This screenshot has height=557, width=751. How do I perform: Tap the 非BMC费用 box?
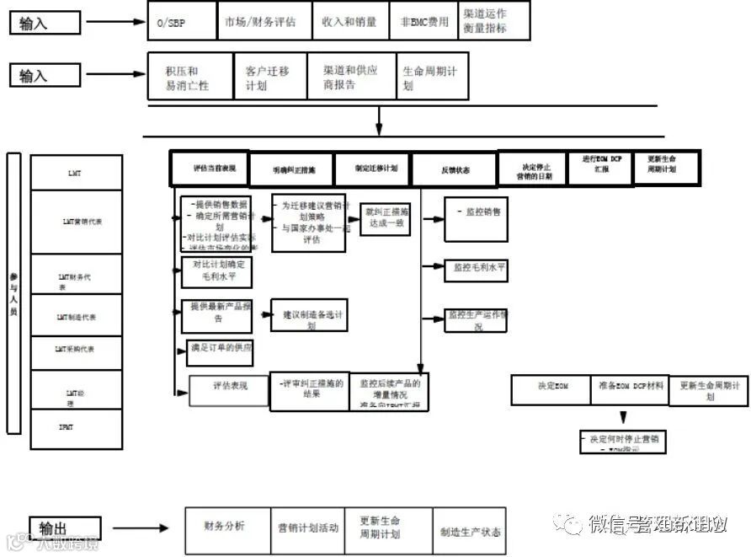pos(424,21)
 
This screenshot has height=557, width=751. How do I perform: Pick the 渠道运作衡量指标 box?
pos(494,21)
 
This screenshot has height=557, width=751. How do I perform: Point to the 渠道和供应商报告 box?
pos(350,77)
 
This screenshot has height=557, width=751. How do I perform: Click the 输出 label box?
pos(65,528)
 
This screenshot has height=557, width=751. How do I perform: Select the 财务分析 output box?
pos(226,529)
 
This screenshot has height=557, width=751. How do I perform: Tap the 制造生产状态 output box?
pos(469,531)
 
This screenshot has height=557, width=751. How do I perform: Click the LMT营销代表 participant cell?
pos(77,222)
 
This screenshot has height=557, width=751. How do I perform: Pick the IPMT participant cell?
pos(77,428)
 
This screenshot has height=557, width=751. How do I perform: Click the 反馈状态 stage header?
pos(455,169)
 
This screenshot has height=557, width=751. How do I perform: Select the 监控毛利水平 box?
pos(477,268)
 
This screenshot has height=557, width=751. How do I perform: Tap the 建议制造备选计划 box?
pos(308,316)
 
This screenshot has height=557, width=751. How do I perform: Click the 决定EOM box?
pos(551,389)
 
